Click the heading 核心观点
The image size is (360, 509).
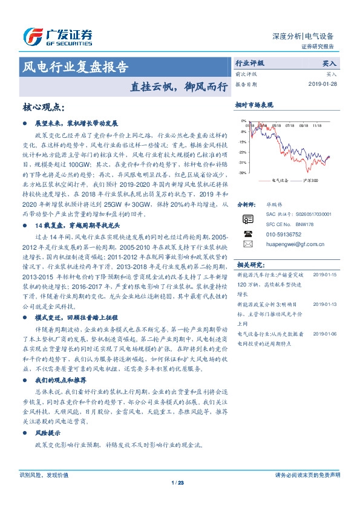click(x=43, y=107)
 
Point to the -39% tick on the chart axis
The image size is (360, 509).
click(x=242, y=173)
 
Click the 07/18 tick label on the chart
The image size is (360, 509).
click(x=289, y=126)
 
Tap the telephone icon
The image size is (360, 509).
click(x=247, y=233)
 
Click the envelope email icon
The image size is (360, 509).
click(x=247, y=244)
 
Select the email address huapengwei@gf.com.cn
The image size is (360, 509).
click(x=295, y=244)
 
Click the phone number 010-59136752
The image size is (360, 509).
click(x=284, y=233)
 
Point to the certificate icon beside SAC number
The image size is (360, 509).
click(x=247, y=218)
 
